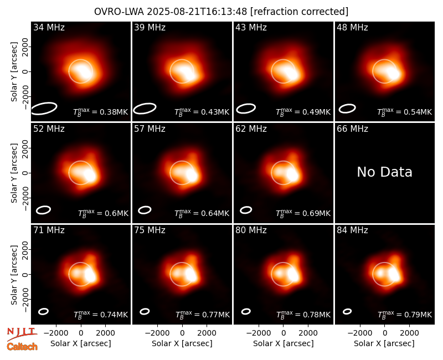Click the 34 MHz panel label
[49, 27]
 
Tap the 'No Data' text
[384, 172]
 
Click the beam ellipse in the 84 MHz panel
[347, 311]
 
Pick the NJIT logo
[22, 334]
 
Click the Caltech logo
[22, 347]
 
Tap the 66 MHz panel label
[352, 129]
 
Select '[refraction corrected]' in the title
[299, 12]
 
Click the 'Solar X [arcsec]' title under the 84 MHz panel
[384, 343]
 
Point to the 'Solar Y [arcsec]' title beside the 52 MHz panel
[14, 173]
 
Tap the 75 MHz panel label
[150, 230]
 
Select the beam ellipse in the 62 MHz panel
[246, 210]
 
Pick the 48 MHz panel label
[352, 27]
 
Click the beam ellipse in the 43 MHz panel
[246, 109]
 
